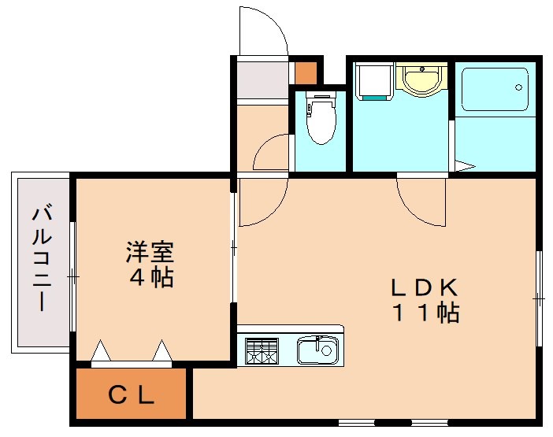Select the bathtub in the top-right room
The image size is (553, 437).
[494, 89]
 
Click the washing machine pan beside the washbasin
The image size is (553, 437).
[373, 81]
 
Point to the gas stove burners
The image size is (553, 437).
[262, 350]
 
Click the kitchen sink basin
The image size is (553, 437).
[317, 350]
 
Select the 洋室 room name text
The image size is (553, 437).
[150, 253]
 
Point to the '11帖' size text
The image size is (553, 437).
[426, 313]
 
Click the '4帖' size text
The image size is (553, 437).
[151, 277]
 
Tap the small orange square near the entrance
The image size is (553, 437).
[305, 72]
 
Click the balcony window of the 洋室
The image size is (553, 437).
[72, 276]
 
